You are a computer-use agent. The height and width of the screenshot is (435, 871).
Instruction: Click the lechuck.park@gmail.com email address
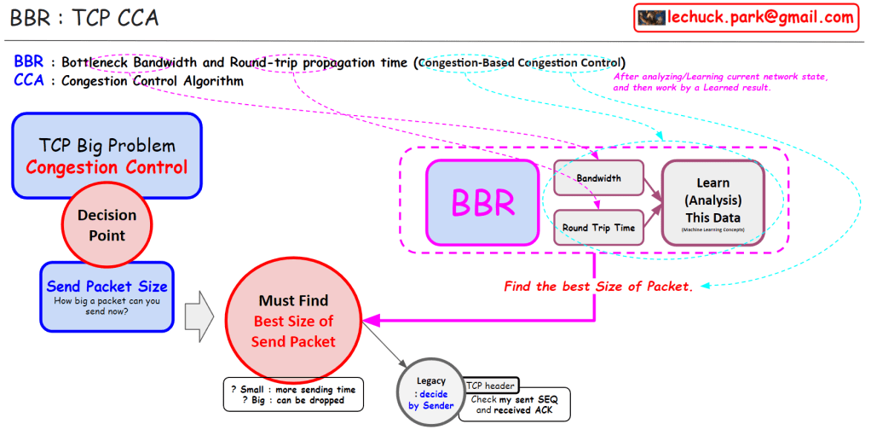tap(760, 17)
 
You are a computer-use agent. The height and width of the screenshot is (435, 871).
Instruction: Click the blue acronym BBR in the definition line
tap(29, 62)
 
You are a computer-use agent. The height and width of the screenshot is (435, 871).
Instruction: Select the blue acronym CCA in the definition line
tap(29, 81)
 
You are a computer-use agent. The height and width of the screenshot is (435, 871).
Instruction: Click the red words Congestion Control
tap(107, 166)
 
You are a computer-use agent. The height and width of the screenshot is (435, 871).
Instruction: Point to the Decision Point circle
tap(107, 225)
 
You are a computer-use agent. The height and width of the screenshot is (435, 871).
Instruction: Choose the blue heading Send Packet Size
tap(107, 287)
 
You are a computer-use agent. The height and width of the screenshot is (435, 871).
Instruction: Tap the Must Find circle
tap(293, 321)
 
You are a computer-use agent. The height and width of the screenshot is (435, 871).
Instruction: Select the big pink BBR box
tap(482, 203)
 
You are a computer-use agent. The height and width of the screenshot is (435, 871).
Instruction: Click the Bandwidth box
tap(598, 178)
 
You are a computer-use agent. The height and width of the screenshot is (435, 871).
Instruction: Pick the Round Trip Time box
tap(598, 228)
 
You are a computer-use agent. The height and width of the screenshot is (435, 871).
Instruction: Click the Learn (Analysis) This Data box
tap(712, 203)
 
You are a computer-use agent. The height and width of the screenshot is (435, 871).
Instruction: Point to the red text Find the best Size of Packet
tap(598, 287)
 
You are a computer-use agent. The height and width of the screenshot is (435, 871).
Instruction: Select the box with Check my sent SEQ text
tap(514, 405)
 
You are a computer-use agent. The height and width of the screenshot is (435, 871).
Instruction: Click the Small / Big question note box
tap(292, 395)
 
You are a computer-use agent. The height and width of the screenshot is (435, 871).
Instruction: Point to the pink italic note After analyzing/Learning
tap(720, 82)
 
